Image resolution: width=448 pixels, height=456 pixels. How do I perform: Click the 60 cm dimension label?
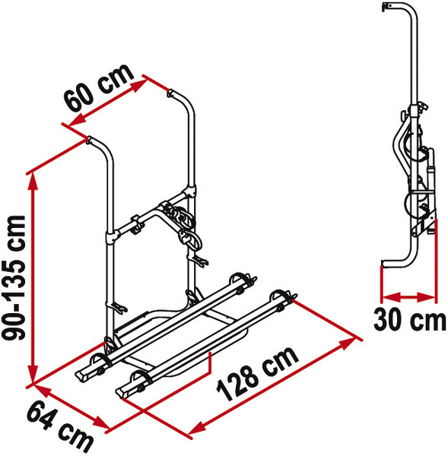point(98,87)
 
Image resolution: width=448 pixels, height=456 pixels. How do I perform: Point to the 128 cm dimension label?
point(258,374)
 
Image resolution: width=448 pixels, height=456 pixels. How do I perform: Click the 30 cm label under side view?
point(409,320)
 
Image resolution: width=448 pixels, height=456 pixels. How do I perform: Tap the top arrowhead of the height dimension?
point(33,182)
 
